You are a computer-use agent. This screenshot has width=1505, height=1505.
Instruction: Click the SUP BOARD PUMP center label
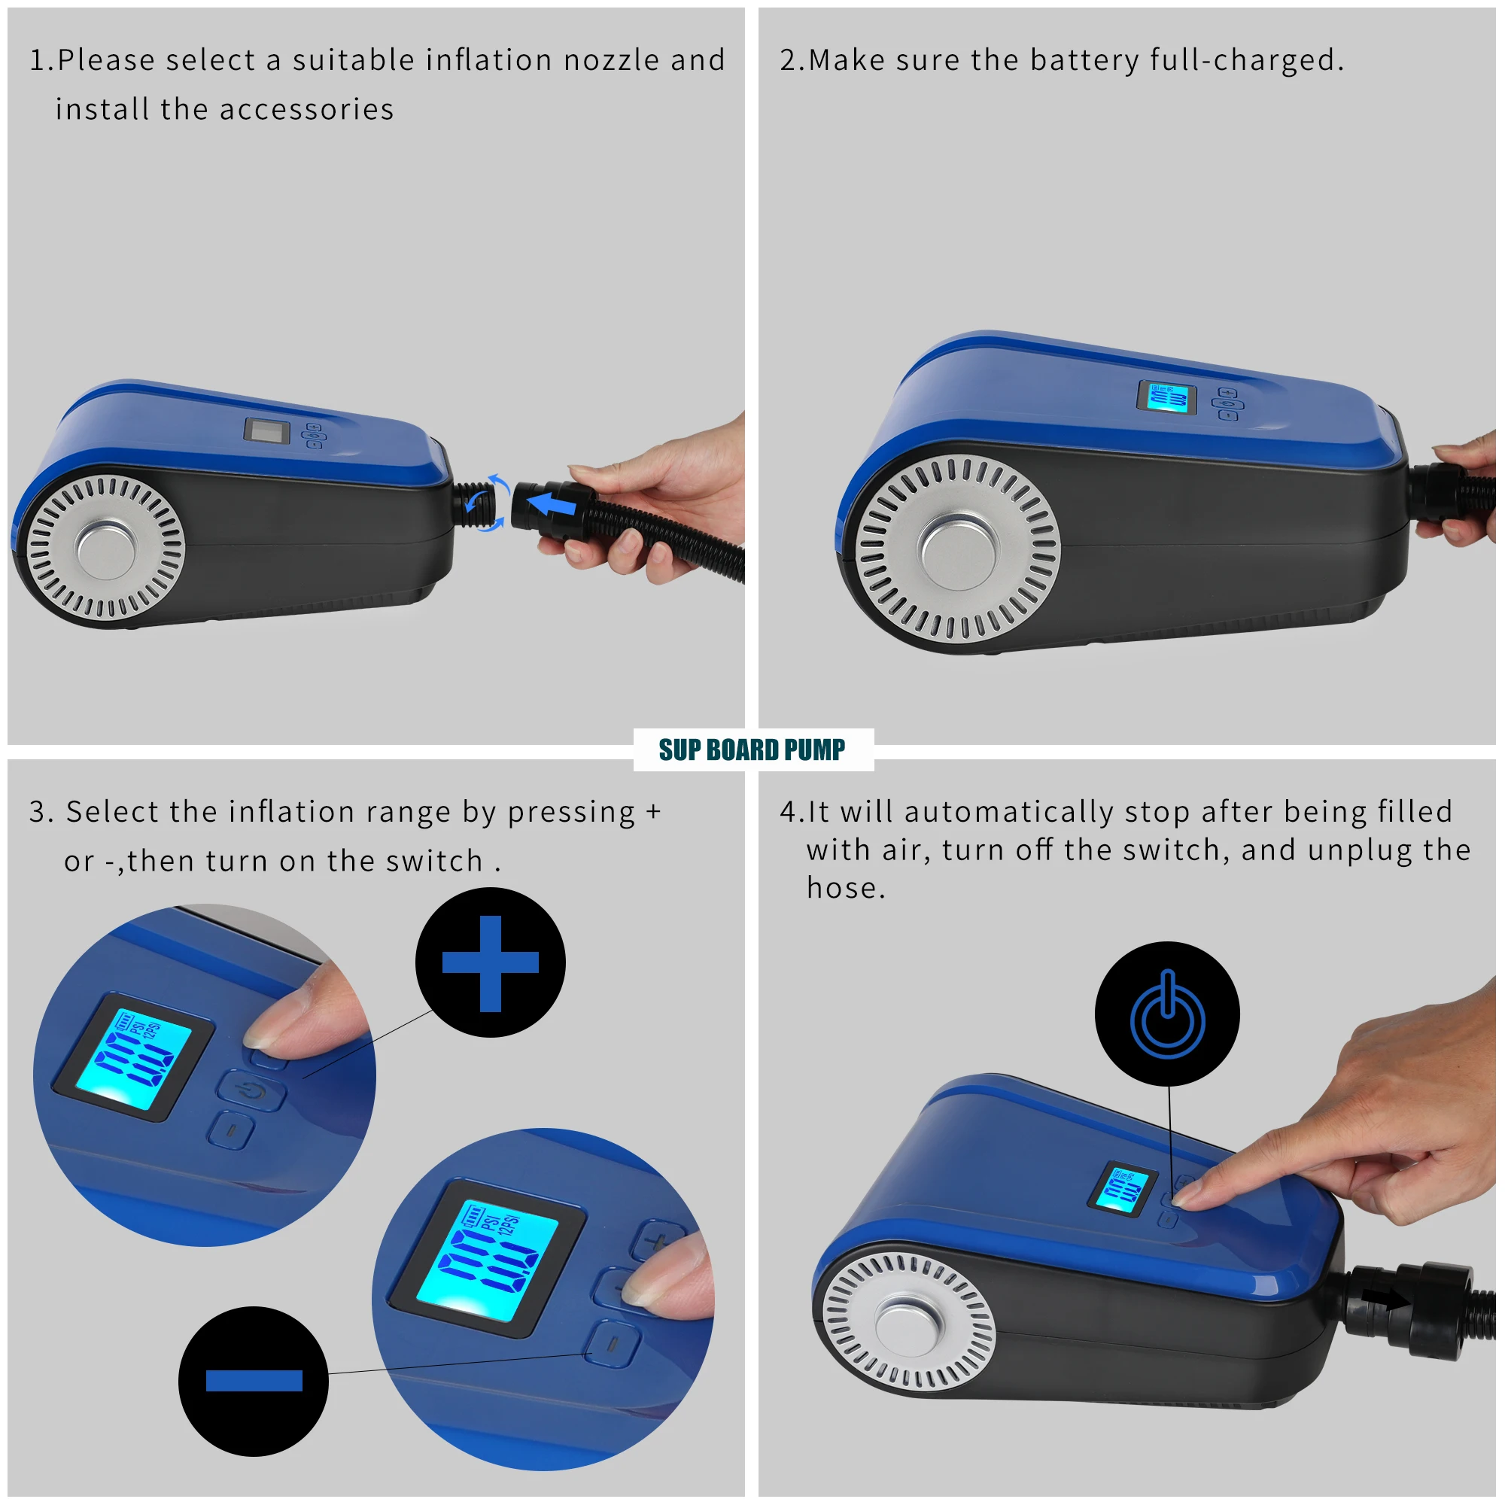tap(752, 749)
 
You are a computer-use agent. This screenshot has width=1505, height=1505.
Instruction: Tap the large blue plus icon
tap(490, 963)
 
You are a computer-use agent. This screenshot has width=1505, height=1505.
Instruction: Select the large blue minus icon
tap(254, 1380)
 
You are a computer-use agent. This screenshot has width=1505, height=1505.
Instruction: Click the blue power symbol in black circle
tap(1167, 1014)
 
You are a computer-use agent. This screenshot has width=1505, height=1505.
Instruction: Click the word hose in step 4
tap(841, 887)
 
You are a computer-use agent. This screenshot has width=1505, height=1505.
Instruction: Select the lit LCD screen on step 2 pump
tap(1167, 397)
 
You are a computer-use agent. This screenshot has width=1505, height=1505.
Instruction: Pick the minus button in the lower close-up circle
tap(613, 1342)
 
